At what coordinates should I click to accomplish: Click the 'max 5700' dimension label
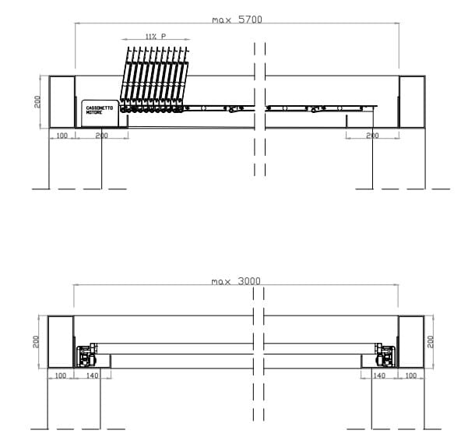pos(237,19)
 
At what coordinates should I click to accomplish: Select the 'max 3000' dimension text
pos(237,280)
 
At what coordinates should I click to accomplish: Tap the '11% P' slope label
pos(156,37)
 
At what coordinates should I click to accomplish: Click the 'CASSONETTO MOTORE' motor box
pos(99,113)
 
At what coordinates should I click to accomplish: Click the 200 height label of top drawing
pos(37,102)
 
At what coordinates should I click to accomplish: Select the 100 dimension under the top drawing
pos(62,136)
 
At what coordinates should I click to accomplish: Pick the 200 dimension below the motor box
pos(101,136)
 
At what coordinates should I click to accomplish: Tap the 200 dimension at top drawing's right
pos(372,136)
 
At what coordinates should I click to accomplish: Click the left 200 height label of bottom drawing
pos(37,341)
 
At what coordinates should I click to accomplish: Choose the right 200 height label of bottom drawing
pos(432,341)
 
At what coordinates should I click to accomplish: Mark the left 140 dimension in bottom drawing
pos(93,376)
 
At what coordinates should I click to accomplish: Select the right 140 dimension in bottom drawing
pos(380,376)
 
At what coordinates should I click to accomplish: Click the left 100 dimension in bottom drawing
pos(62,376)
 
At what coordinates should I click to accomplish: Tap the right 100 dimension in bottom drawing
pos(411,376)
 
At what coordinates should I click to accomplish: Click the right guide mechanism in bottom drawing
pos(384,355)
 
